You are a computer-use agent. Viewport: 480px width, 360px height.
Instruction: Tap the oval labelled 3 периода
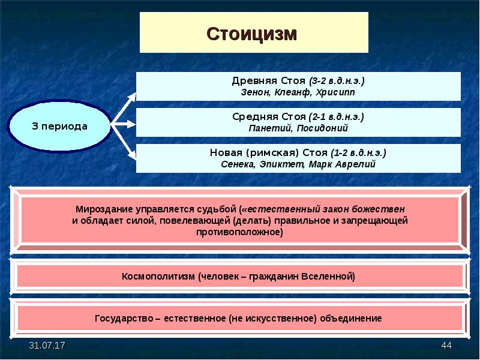(x=59, y=127)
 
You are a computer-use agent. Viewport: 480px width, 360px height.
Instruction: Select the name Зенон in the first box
(x=256, y=92)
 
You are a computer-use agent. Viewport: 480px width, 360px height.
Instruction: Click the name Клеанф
(x=293, y=92)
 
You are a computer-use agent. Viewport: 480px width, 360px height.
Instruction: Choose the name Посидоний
(x=319, y=128)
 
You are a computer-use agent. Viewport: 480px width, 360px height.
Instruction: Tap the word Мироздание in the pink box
(x=104, y=209)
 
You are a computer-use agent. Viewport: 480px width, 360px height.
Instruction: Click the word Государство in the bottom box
(x=125, y=318)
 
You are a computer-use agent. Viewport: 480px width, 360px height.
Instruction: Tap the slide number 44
(x=446, y=347)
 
